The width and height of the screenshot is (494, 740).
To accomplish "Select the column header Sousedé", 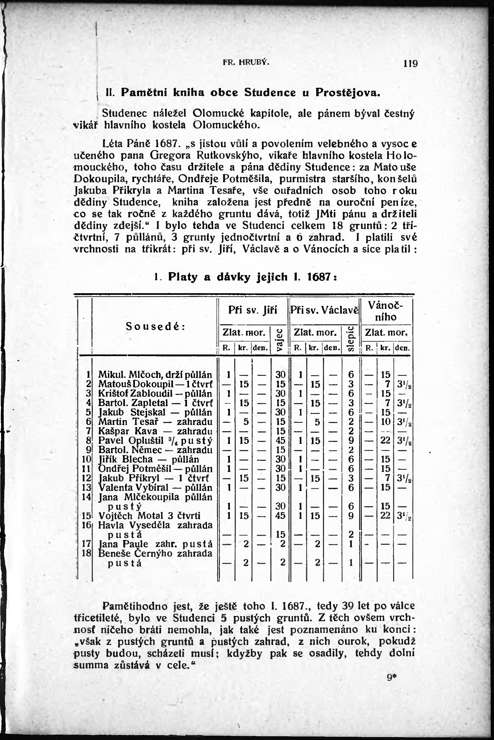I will tap(155, 326).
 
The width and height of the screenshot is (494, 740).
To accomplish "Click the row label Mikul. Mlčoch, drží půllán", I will tap(155, 375).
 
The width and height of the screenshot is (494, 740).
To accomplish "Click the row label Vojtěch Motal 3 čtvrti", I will tap(149, 516).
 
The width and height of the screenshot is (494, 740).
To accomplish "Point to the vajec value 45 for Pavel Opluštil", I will tap(280, 440).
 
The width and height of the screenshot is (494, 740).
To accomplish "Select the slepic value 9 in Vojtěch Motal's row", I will tap(351, 516).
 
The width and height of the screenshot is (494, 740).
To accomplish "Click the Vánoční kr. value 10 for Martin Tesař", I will tap(385, 421).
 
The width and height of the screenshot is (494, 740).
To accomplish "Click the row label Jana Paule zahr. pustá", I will tap(155, 544).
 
